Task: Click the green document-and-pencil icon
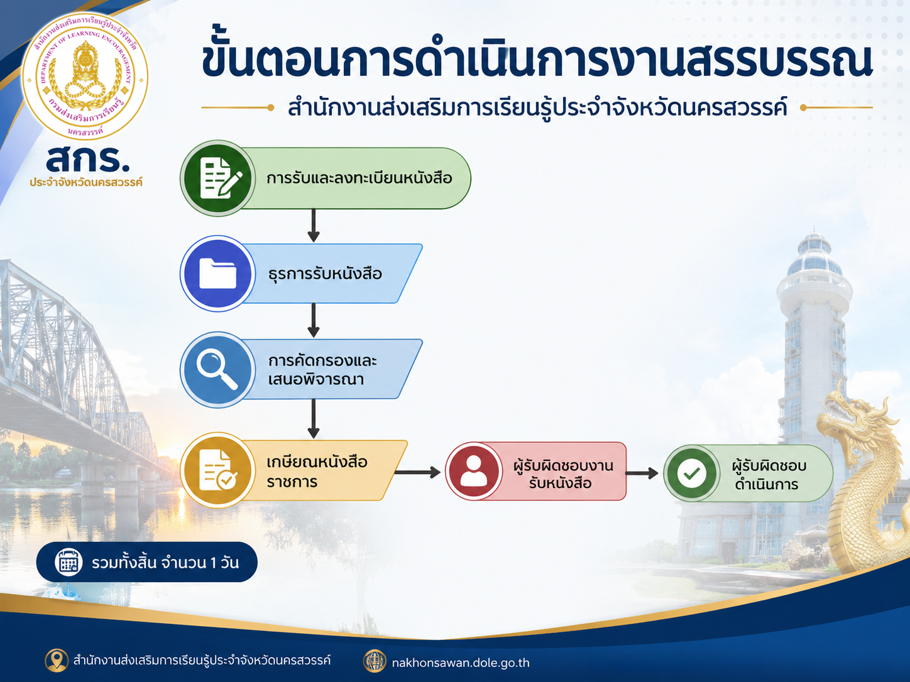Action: point(217,178)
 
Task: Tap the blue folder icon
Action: point(217,273)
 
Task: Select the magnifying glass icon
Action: point(217,369)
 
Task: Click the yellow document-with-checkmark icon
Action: point(217,470)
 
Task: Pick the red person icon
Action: point(474,471)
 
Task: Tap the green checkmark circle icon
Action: point(691,473)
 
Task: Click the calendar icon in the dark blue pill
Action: point(69,562)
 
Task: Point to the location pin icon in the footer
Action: point(57,660)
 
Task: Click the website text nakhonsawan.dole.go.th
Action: point(461,663)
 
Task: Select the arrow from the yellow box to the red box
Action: point(417,472)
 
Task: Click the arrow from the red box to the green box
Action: point(642,473)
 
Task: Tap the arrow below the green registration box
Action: point(314,225)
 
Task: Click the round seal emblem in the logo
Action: point(85,76)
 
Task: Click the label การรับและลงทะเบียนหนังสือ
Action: point(359,178)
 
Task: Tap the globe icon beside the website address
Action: point(375,661)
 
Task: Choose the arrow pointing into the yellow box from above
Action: point(314,418)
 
